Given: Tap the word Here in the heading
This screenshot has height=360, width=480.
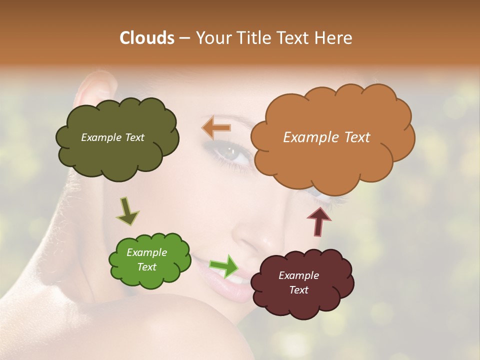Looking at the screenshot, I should pyautogui.click(x=334, y=37).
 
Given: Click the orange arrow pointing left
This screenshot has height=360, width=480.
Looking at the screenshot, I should pyautogui.click(x=216, y=128).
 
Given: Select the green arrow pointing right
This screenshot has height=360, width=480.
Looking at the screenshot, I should pyautogui.click(x=224, y=266).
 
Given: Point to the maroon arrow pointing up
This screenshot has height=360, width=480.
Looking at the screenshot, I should pyautogui.click(x=319, y=220).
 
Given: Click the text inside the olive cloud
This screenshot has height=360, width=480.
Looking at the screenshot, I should pyautogui.click(x=112, y=137).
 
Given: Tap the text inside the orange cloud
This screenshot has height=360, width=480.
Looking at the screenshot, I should pyautogui.click(x=326, y=137).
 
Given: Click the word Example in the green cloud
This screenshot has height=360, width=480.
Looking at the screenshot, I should pyautogui.click(x=146, y=252).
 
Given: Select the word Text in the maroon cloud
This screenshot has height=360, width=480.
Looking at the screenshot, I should pyautogui.click(x=298, y=290).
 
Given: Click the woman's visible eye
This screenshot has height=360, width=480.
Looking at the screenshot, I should pyautogui.click(x=233, y=153).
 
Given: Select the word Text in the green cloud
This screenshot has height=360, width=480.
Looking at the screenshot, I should pyautogui.click(x=146, y=267).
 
